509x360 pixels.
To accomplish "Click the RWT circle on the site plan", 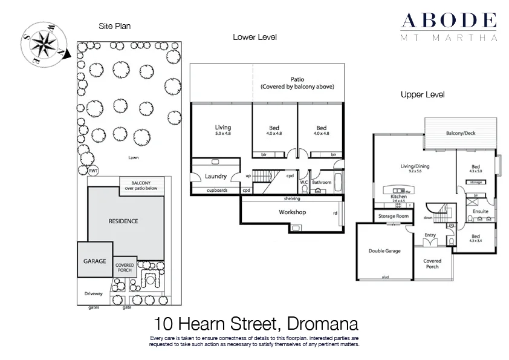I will point(93,171).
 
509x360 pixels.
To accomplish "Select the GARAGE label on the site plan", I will point(94,261).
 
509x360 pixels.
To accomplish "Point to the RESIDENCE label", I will point(123,221).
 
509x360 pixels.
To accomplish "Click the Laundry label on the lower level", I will point(215,177).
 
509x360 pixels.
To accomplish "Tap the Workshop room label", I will point(293,212).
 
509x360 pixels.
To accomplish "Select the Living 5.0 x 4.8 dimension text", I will point(223,134).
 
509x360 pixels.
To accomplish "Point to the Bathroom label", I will point(322,182).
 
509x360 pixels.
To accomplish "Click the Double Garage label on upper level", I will point(384,250).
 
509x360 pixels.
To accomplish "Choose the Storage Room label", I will point(393,216).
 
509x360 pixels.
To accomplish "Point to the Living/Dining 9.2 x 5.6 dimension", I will point(414,171).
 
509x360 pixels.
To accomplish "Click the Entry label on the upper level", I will point(430,235).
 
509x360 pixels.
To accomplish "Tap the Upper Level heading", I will point(423,95).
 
